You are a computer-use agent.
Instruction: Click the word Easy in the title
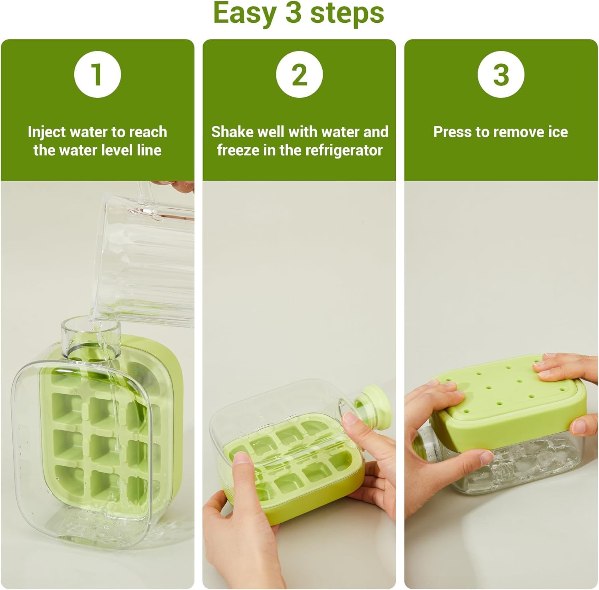coord(244,14)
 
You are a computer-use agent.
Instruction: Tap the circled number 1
coord(97,75)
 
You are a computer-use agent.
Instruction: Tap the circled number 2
coord(299,75)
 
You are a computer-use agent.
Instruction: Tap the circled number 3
coord(501,75)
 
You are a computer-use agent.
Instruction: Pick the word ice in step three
coord(558,132)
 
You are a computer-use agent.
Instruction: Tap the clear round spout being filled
coord(91,337)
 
